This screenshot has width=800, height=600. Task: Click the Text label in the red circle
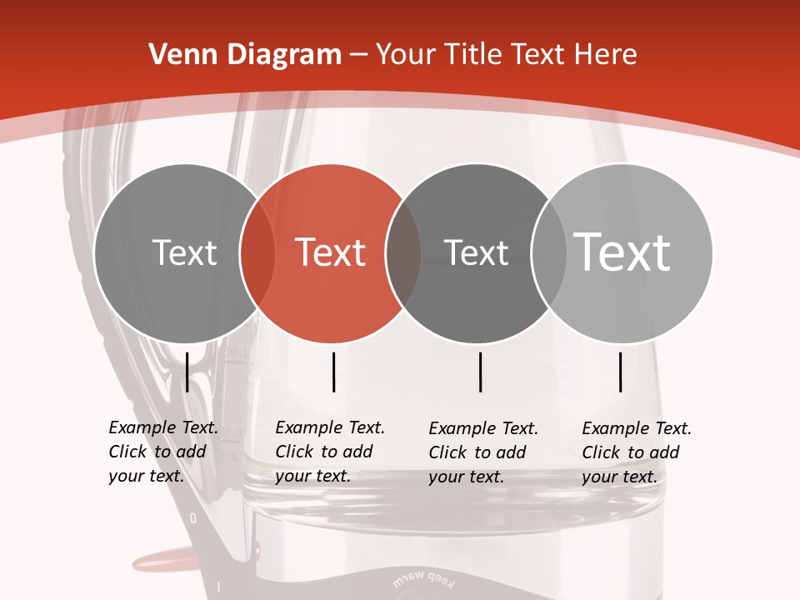click(330, 252)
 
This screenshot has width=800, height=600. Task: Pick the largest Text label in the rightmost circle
click(622, 252)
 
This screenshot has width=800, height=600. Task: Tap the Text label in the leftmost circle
click(184, 252)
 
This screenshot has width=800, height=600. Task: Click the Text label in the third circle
click(476, 252)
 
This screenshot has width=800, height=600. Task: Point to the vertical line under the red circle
click(333, 372)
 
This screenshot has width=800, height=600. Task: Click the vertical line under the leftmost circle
click(187, 372)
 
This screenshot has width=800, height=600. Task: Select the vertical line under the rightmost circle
click(621, 372)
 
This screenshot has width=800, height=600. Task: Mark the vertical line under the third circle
click(481, 372)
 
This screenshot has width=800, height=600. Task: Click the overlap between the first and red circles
click(257, 253)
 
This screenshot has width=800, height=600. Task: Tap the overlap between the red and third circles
click(403, 253)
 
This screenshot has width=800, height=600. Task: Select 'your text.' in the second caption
click(312, 476)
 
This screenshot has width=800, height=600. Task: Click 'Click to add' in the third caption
click(477, 452)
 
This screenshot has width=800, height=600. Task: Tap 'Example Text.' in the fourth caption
click(637, 429)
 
